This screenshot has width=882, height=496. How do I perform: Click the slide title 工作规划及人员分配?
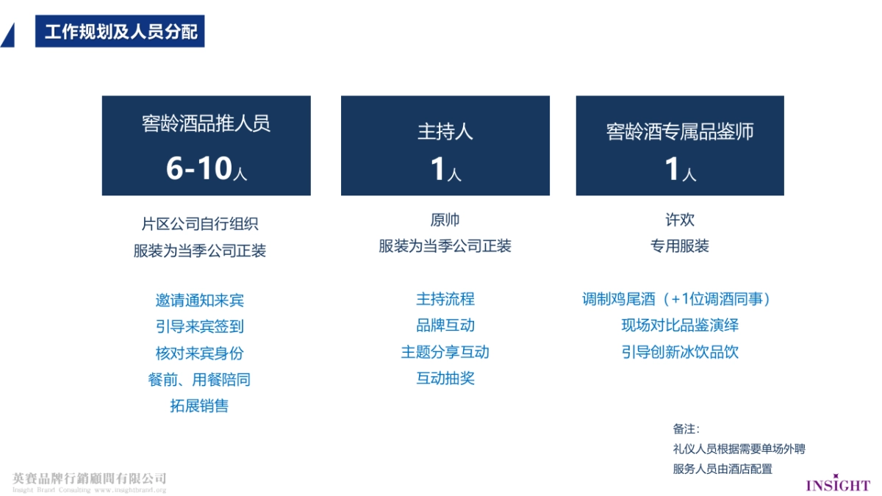tap(120, 32)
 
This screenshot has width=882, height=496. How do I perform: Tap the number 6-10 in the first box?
tap(198, 169)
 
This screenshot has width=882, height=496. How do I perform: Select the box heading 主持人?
tap(445, 132)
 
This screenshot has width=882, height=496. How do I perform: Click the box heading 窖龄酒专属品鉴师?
tap(679, 132)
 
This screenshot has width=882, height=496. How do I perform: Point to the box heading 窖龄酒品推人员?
tap(206, 123)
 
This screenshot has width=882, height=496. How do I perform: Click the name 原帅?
tap(445, 220)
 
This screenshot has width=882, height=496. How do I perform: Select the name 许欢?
tap(679, 220)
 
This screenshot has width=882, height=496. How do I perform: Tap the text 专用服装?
tap(679, 246)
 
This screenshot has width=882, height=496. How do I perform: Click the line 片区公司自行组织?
tap(200, 224)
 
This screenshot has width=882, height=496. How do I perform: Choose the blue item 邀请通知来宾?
tap(200, 300)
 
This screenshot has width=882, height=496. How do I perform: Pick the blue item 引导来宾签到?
tap(200, 326)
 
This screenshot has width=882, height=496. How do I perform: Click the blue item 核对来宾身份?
tap(200, 353)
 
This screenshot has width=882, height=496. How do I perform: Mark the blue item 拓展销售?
tap(200, 406)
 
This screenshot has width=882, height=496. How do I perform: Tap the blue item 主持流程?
tap(445, 299)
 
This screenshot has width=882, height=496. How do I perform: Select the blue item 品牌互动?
tap(445, 326)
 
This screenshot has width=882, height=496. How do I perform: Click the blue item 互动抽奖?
tap(445, 378)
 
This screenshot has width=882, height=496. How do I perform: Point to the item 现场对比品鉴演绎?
tap(679, 326)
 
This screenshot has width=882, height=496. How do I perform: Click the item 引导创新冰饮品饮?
tap(679, 352)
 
